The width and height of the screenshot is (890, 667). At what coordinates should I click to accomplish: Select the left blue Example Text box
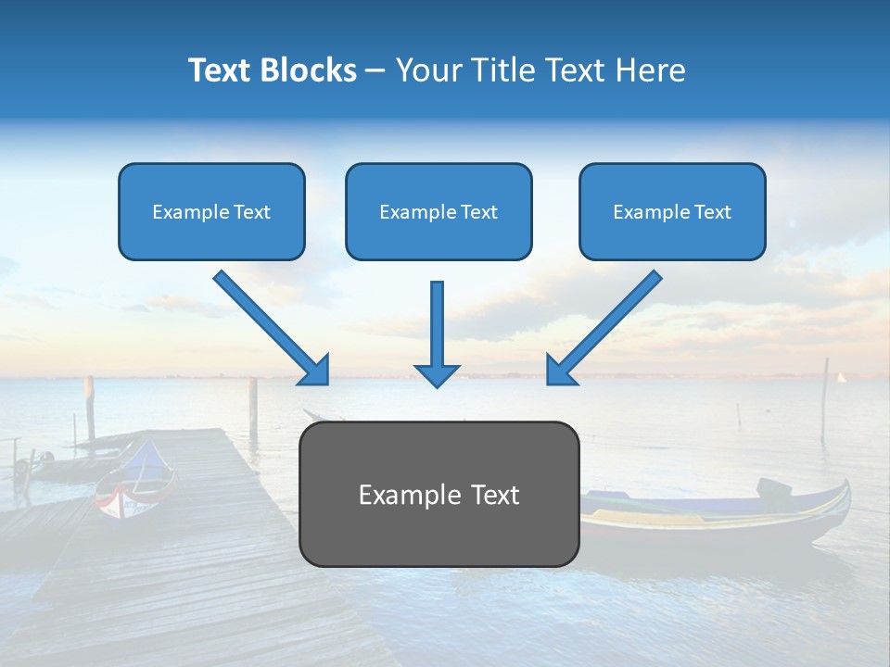(211, 211)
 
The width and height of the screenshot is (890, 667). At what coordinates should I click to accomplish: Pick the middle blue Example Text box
(439, 211)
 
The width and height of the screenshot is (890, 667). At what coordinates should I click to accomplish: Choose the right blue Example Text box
(672, 211)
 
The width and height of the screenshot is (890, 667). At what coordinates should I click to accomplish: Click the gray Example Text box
(439, 494)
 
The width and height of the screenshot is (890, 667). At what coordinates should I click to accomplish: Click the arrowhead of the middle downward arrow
(437, 374)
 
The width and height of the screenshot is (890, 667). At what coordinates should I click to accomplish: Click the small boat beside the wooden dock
(135, 482)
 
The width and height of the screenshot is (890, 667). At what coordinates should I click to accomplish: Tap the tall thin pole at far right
(824, 398)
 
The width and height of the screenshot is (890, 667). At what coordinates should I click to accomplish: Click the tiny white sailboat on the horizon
(842, 377)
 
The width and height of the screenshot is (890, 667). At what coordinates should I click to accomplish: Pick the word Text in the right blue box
(712, 212)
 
